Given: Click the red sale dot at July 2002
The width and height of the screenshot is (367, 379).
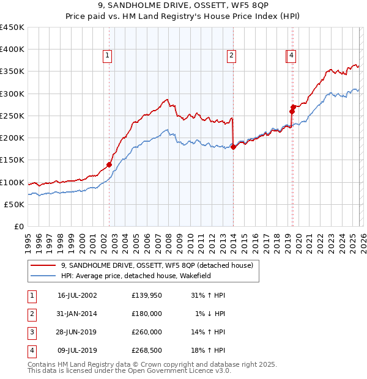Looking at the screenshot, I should [x=109, y=164].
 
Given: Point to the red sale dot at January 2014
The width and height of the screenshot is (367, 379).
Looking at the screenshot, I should [x=234, y=147].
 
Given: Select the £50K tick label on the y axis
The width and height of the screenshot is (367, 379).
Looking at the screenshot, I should [x=15, y=204].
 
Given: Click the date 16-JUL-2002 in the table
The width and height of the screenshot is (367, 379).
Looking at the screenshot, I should [x=77, y=295].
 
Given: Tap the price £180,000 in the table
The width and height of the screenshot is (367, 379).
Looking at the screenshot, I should [x=147, y=314].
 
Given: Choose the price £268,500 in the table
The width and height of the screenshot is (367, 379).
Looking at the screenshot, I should [x=147, y=350].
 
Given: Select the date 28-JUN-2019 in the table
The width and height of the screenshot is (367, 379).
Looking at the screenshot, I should [x=77, y=332].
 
